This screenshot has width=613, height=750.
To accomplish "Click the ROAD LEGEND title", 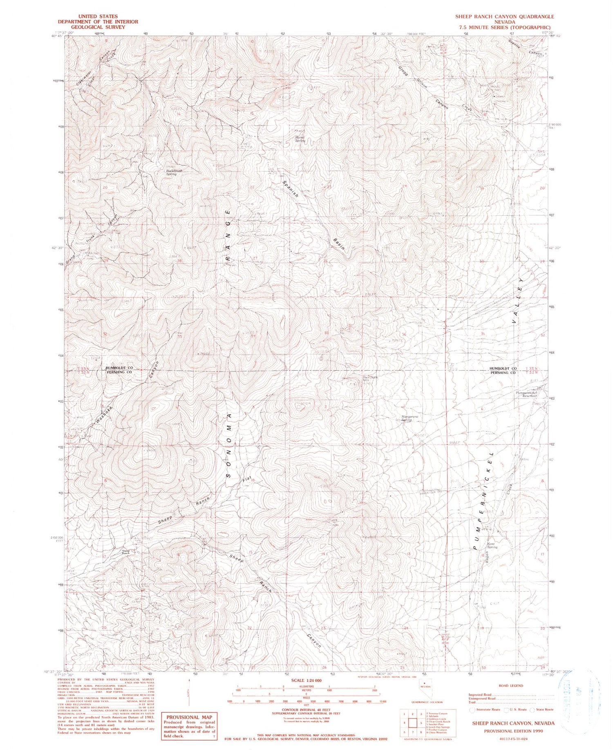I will [511, 685].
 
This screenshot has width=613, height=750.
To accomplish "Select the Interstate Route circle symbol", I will [473, 710].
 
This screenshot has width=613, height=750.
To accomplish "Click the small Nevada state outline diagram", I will [427, 689].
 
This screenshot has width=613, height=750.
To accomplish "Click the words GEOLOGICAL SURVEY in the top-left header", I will [98, 27].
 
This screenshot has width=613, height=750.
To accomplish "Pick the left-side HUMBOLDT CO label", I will [117, 368].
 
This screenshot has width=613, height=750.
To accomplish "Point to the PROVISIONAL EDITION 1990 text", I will [513, 731].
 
